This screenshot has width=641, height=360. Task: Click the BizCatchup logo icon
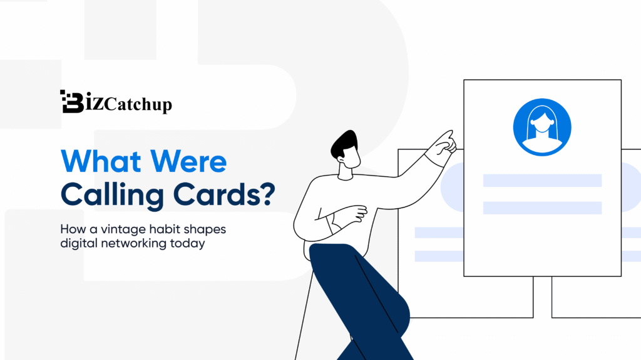(71, 101)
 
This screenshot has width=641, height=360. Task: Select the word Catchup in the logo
(138, 104)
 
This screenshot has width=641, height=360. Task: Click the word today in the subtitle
(187, 244)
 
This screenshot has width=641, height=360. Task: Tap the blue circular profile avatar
(542, 127)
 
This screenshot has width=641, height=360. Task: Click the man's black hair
(344, 144)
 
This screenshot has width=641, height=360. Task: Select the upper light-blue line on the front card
(542, 181)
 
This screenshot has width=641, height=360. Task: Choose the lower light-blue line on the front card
(542, 207)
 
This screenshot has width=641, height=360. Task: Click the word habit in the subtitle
(162, 229)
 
